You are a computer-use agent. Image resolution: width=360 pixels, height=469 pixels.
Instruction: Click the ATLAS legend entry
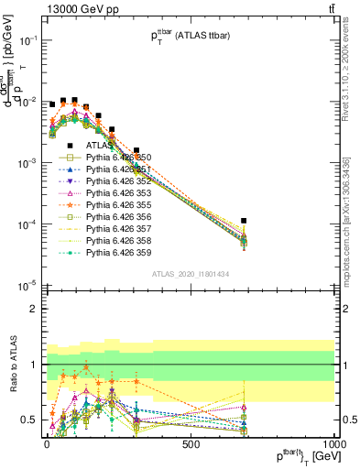click(x=99, y=145)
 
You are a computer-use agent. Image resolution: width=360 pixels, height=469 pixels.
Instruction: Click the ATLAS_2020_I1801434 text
click(x=191, y=273)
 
